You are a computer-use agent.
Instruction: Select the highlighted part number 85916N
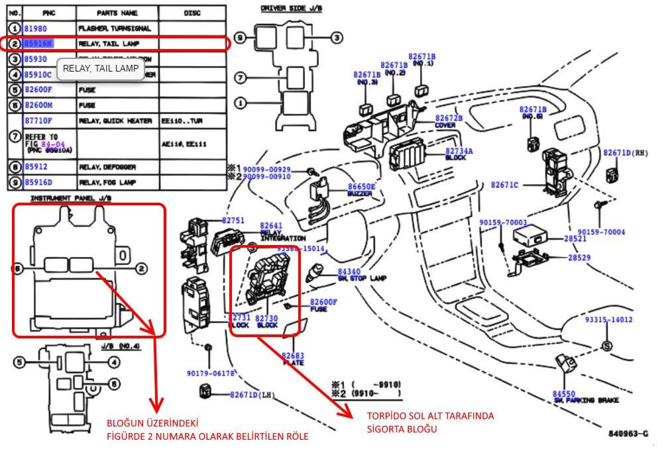coord(38,44)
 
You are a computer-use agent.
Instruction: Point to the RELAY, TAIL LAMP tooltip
coord(101,68)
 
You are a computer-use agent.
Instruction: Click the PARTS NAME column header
coord(117,13)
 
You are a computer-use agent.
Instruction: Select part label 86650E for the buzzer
coord(362,187)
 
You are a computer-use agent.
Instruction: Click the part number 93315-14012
coord(608,319)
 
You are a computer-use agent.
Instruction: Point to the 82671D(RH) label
coord(625,153)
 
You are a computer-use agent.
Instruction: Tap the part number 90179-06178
coord(211,374)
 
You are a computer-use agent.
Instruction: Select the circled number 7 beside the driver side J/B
coord(241,78)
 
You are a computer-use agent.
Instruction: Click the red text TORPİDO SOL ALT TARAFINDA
coord(431,416)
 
